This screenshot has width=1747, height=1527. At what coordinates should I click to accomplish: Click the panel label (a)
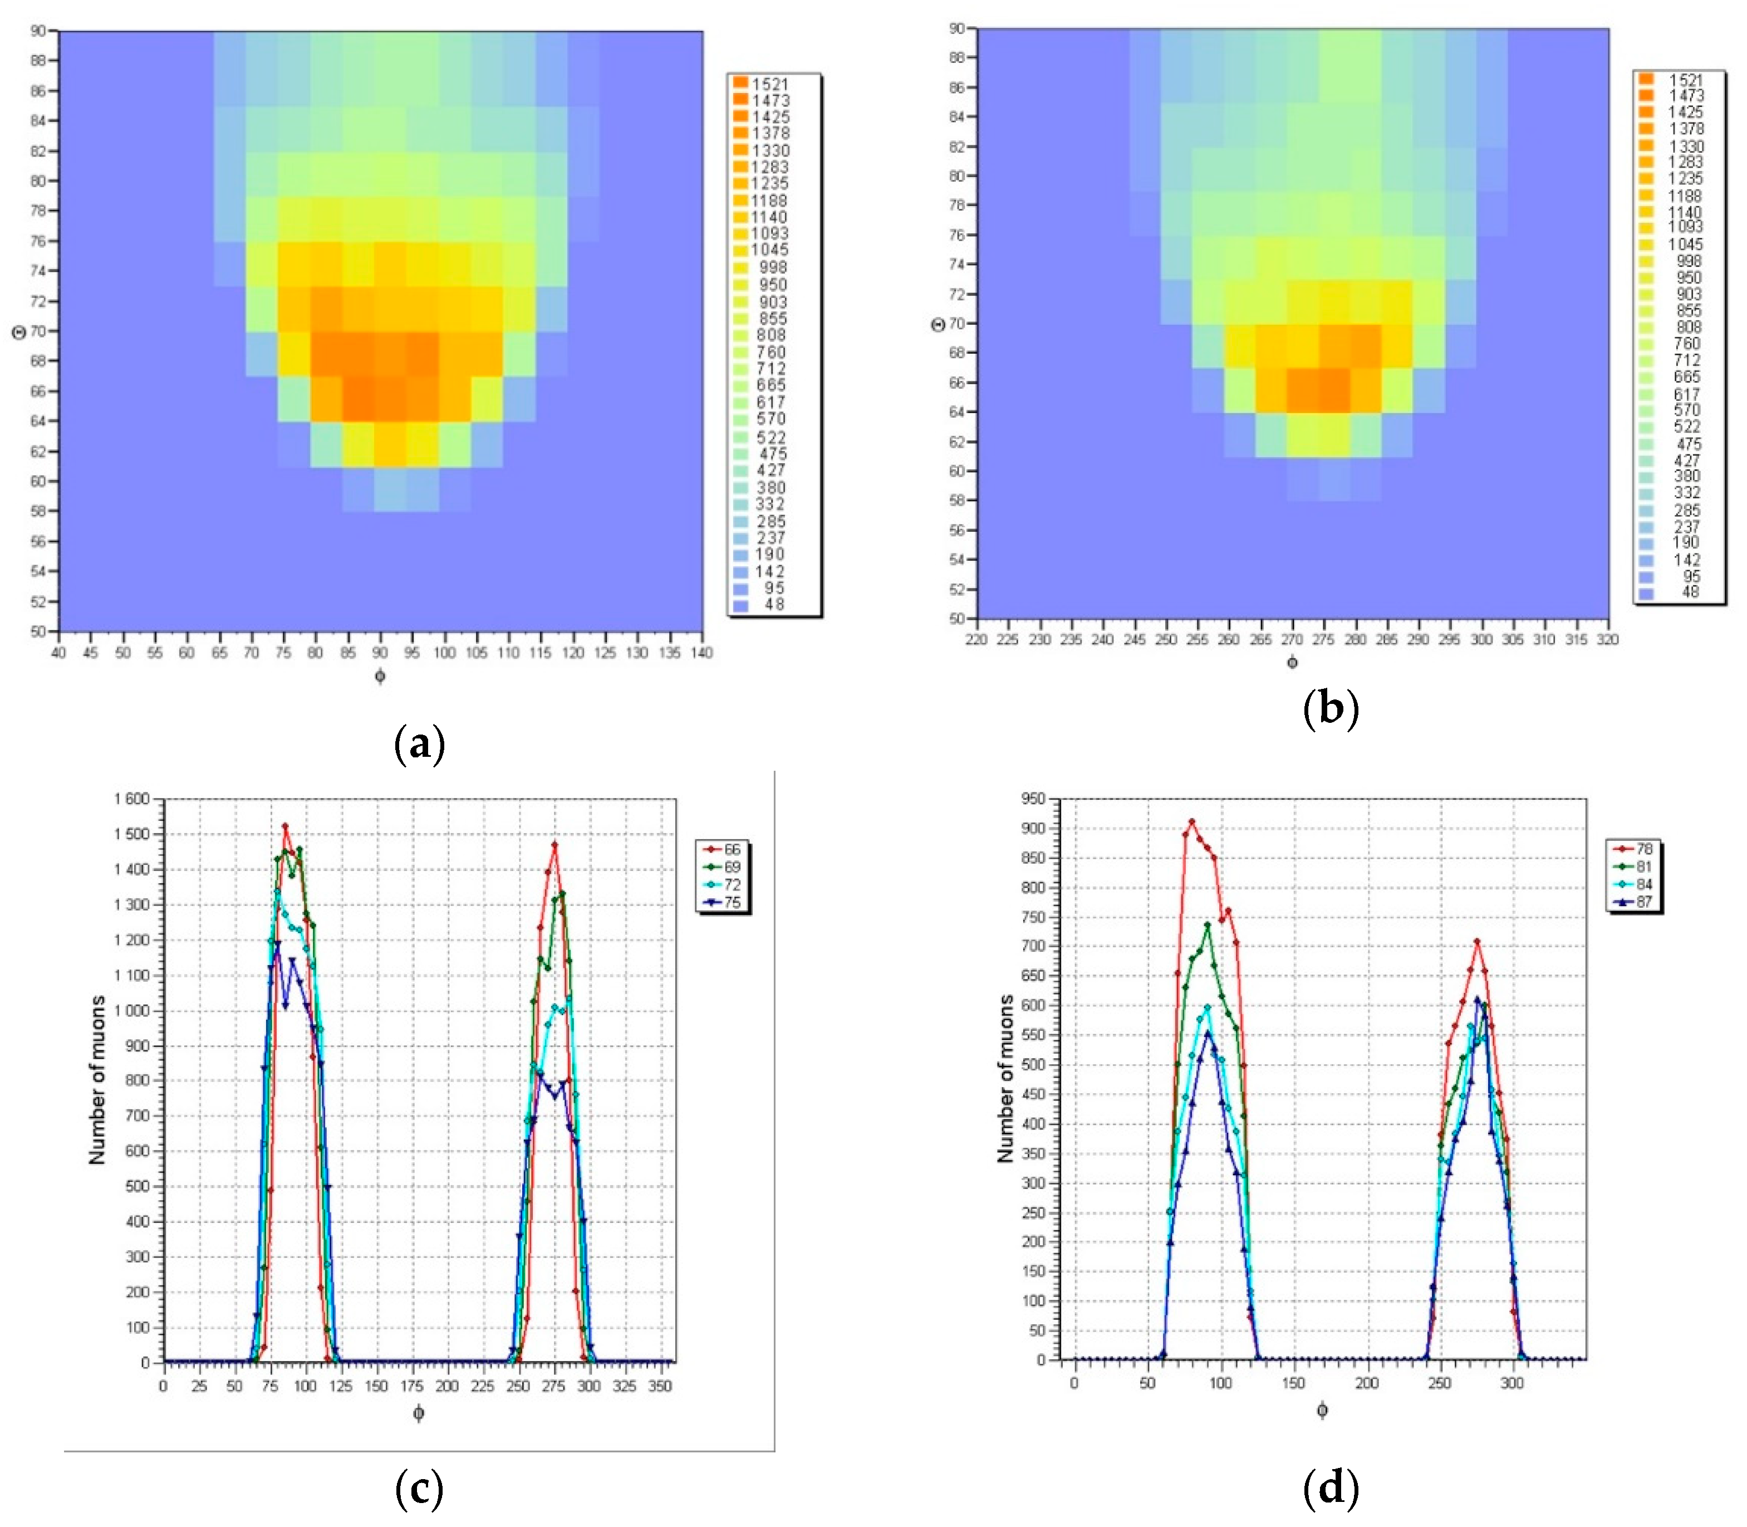coord(420,744)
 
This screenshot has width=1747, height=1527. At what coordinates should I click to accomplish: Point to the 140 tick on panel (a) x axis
coord(702,653)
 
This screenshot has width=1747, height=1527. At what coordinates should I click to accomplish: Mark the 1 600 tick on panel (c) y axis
coord(131,799)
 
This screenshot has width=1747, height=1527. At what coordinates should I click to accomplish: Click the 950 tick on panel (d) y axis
coord(1032,799)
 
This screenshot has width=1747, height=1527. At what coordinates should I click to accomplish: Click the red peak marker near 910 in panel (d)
coord(1191,823)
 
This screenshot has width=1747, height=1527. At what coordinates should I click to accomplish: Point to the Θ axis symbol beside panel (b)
coord(938,325)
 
